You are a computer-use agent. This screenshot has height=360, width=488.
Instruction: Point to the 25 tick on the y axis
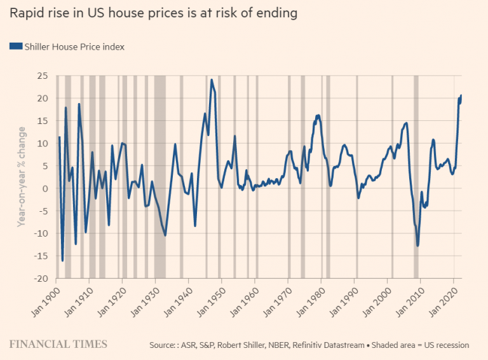pyautogui.click(x=42, y=76)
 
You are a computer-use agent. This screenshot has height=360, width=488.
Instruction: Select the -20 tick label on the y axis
pyautogui.click(x=40, y=279)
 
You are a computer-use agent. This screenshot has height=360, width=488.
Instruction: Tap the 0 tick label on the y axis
pyautogui.click(x=45, y=188)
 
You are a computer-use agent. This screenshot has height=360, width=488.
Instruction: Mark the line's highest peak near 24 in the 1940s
pyautogui.click(x=212, y=80)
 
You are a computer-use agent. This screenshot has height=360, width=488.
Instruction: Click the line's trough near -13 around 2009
pyautogui.click(x=417, y=246)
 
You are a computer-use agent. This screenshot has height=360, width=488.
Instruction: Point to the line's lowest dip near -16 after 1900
pyautogui.click(x=62, y=260)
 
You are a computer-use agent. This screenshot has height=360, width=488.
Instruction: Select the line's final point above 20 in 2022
pyautogui.click(x=461, y=95)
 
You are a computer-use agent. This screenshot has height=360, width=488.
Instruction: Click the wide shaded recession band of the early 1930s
pyautogui.click(x=159, y=178)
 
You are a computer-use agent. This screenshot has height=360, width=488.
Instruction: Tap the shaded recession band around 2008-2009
pyautogui.click(x=416, y=178)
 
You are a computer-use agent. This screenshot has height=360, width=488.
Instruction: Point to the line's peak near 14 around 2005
pyautogui.click(x=406, y=123)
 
